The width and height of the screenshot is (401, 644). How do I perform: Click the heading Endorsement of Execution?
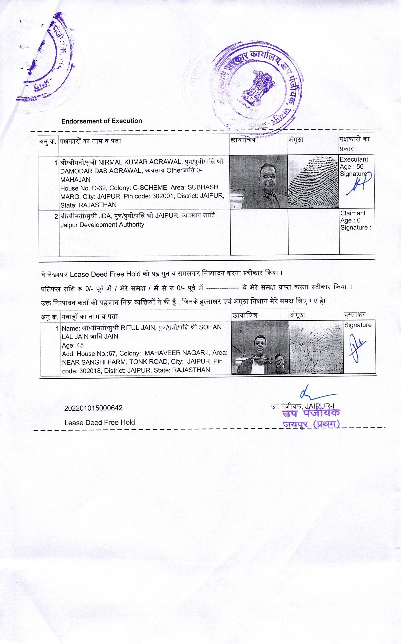[102, 121]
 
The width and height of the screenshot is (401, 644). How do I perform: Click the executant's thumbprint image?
[313, 182]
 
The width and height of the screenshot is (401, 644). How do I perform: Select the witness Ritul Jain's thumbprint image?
[316, 348]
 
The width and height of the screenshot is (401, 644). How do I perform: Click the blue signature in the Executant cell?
[357, 185]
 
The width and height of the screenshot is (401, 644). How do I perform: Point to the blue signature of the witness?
[357, 347]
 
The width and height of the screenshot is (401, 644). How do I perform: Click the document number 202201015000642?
[93, 408]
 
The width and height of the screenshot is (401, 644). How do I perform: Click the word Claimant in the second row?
[353, 213]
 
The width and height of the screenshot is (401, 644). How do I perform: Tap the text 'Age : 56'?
[351, 167]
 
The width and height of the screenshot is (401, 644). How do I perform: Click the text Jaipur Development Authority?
[102, 224]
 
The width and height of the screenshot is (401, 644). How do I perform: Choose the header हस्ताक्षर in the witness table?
[355, 315]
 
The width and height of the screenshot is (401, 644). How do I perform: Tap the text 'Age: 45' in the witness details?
[73, 345]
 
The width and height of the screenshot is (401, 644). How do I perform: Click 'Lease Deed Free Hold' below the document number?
[100, 422]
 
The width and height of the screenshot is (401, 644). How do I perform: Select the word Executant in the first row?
[354, 159]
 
